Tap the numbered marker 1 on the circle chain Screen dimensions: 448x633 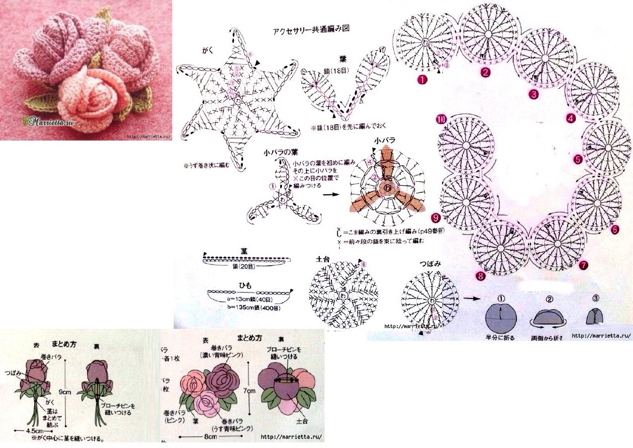click(x=423, y=79)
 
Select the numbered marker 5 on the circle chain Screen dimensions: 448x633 click(x=578, y=159)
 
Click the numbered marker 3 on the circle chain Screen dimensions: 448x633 click(x=534, y=93)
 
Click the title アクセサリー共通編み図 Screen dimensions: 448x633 click(x=311, y=29)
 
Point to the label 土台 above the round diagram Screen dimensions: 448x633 click(x=322, y=260)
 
